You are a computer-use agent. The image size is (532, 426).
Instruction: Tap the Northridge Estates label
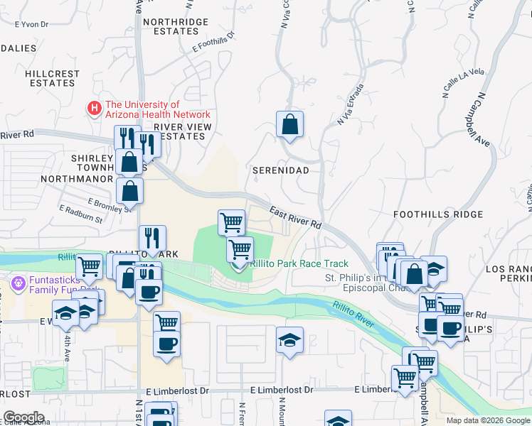coord(171,27)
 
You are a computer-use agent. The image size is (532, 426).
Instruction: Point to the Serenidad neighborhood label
coord(281,171)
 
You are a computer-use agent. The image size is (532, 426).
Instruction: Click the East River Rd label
coord(296,217)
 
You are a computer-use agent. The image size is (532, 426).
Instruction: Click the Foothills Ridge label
coord(438,214)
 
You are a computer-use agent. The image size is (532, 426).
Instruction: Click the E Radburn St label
coord(81,214)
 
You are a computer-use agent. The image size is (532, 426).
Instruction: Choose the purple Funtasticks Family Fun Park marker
coord(18,282)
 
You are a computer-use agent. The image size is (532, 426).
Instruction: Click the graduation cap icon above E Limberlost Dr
coord(289,340)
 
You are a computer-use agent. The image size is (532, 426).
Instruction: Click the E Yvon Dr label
coord(31,24)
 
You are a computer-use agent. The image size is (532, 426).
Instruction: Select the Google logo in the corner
coord(24,417)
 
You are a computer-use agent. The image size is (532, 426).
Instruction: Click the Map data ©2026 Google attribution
coord(488,420)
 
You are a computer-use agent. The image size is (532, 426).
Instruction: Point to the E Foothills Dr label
coord(213,43)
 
